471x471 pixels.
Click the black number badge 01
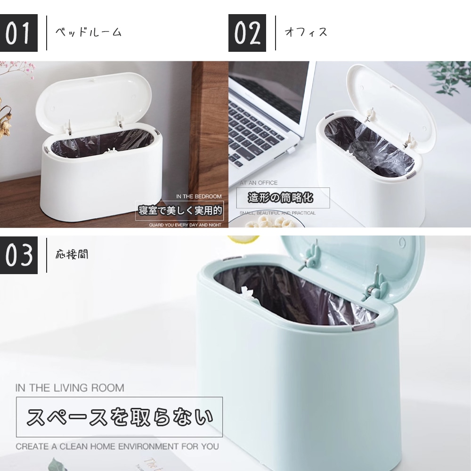click(18, 33)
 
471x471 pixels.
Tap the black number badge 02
click(247, 33)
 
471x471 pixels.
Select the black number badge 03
click(18, 255)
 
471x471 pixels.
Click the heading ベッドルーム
click(89, 32)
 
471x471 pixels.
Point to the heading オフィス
click(306, 32)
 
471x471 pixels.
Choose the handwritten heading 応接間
click(72, 255)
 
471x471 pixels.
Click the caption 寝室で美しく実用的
click(180, 211)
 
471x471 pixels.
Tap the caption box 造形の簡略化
click(280, 198)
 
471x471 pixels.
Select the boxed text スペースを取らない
click(119, 417)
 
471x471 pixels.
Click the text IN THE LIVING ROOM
click(70, 388)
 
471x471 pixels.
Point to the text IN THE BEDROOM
click(198, 196)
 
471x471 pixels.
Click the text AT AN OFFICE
click(259, 183)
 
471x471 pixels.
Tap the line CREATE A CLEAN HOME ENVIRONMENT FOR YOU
click(117, 446)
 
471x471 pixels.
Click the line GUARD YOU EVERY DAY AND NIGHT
click(185, 225)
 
